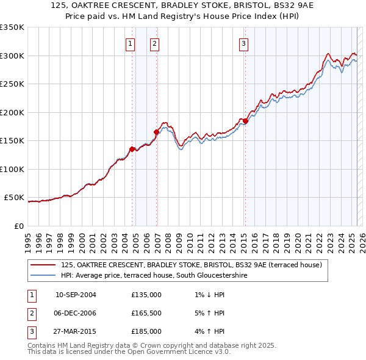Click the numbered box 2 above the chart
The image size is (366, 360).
155,43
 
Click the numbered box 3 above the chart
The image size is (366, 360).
243,43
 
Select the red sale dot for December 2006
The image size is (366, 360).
156,131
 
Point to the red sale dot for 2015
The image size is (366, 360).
245,121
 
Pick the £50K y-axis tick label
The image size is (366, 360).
13,198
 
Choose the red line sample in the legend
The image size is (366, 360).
43,265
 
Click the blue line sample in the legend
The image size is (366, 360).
43,275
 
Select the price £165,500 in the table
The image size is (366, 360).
146,314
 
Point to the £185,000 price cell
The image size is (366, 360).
146,331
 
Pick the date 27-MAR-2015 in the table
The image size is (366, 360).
76,331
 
